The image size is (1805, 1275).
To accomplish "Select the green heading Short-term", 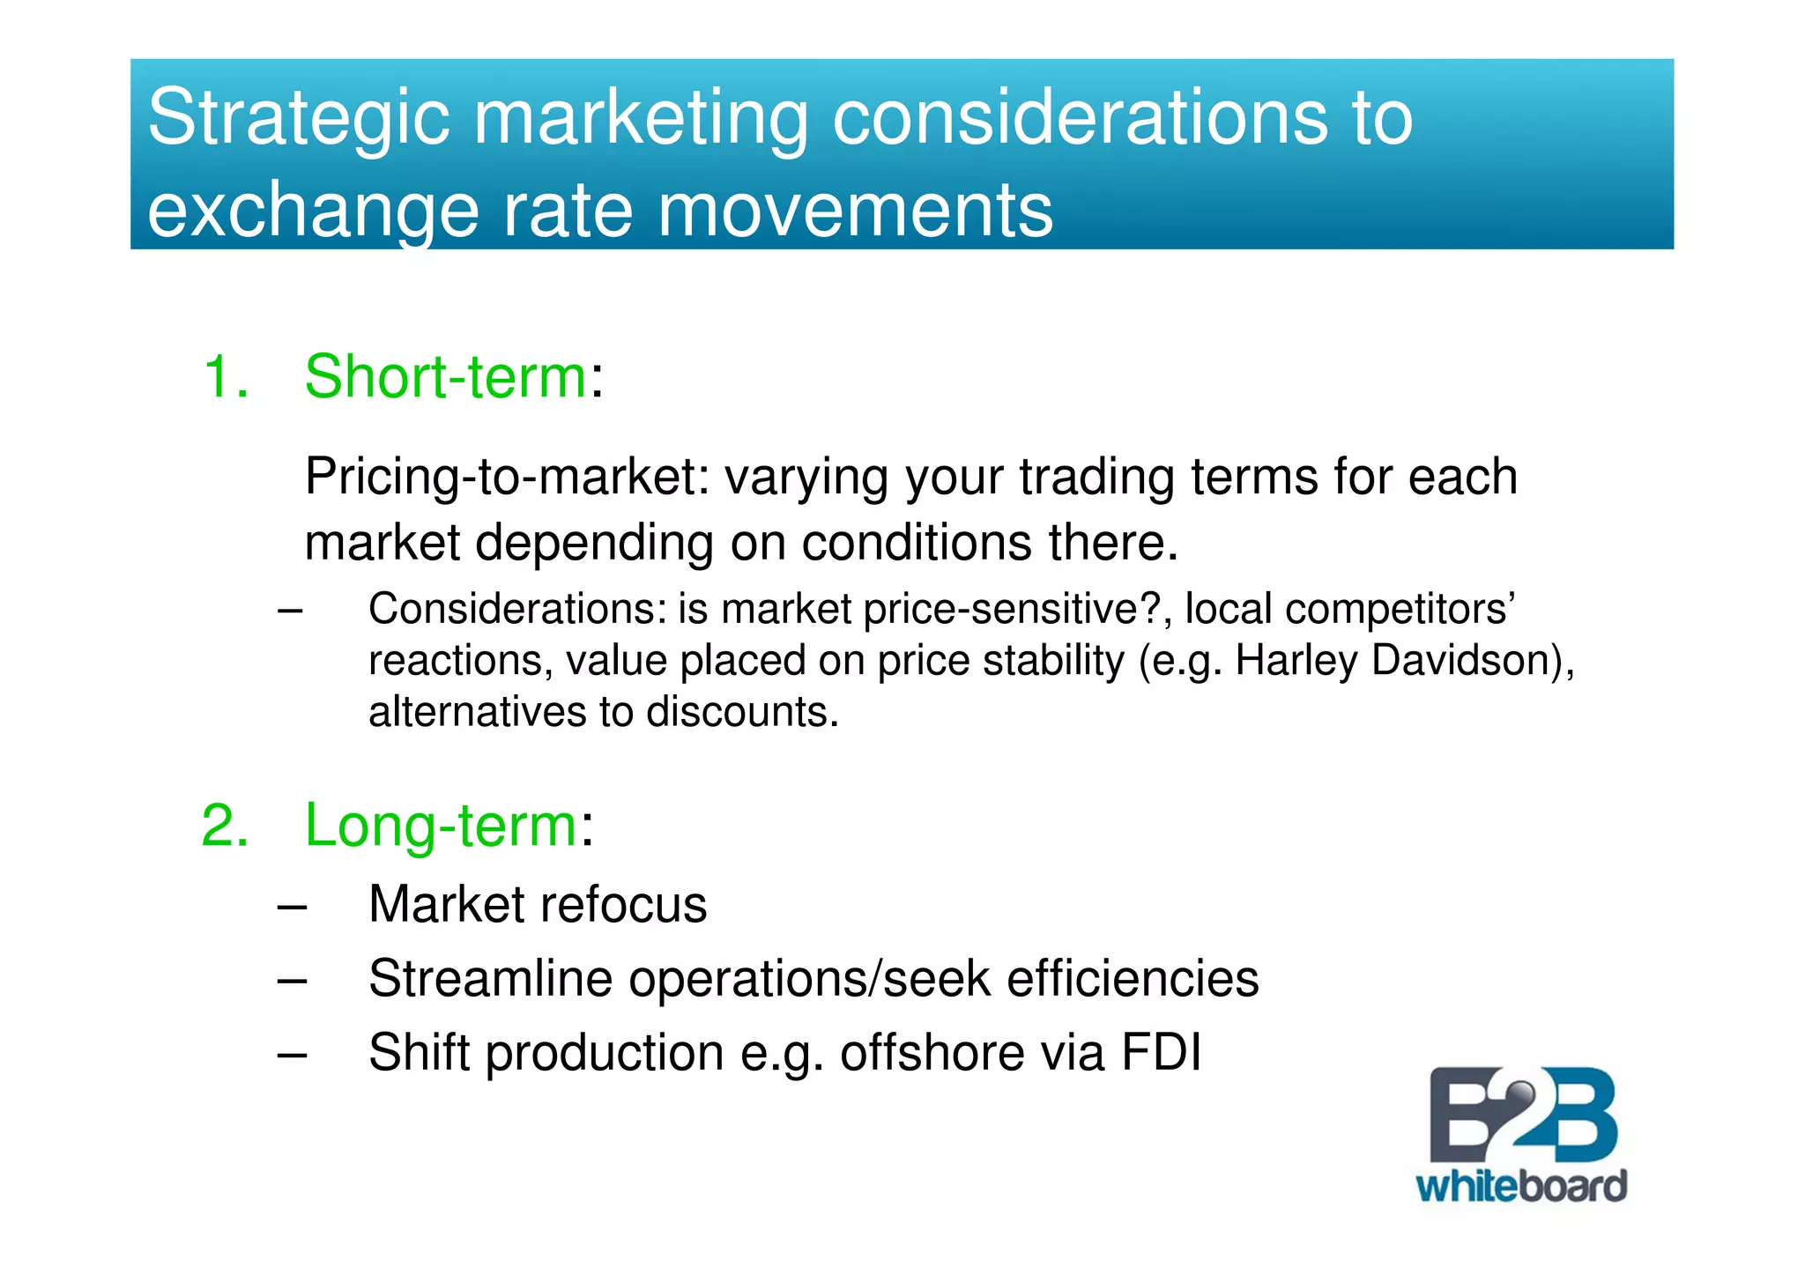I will tap(445, 377).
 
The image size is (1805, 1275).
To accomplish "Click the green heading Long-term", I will tap(441, 826).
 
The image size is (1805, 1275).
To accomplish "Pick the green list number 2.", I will tap(225, 826).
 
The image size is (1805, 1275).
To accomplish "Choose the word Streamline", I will tap(490, 979).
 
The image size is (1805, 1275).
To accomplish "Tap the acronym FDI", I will tap(1160, 1053).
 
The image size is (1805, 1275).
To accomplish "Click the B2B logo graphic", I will tap(1522, 1116).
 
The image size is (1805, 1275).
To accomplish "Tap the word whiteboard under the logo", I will tap(1520, 1186).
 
